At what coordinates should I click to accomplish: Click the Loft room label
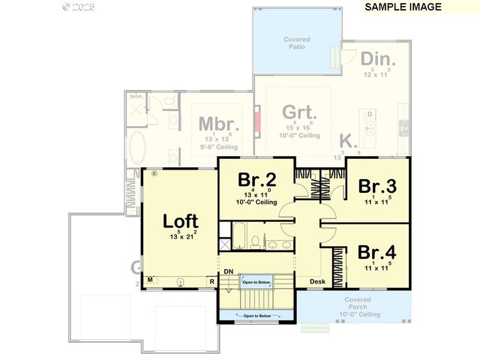click(x=181, y=221)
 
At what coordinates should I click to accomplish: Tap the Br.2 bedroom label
click(x=257, y=180)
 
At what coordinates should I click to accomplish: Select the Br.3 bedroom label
click(x=377, y=185)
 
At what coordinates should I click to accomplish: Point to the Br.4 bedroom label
click(x=377, y=251)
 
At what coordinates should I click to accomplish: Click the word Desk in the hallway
click(x=318, y=282)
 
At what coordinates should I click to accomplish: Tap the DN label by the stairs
click(x=228, y=271)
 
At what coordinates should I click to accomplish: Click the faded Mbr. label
click(x=219, y=124)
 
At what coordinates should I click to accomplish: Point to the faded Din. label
click(x=379, y=59)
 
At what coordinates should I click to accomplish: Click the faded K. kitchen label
click(x=347, y=140)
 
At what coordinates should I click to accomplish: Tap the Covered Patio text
click(x=297, y=43)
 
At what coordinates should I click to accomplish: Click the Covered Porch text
click(x=358, y=303)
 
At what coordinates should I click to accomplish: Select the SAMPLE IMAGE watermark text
click(x=403, y=7)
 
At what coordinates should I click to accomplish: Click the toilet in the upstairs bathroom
click(x=255, y=242)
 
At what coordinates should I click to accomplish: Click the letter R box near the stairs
click(x=212, y=282)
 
